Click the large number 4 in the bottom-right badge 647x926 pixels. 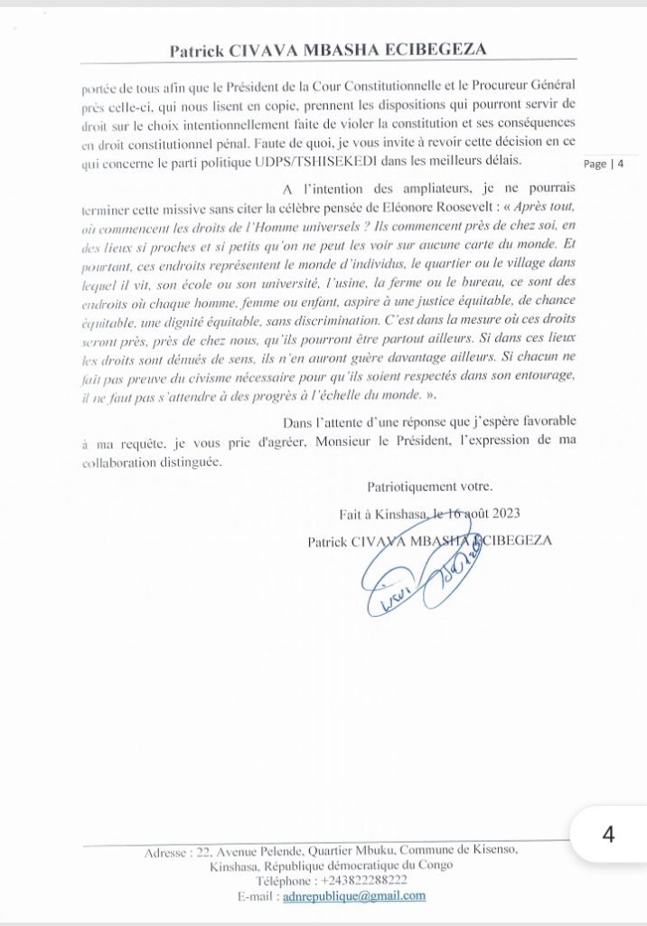tap(607, 834)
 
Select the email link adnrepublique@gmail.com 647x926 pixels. tap(353, 895)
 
